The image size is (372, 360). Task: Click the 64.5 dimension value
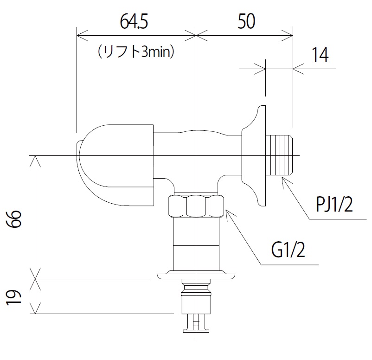135,22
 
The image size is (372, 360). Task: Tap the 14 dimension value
319,55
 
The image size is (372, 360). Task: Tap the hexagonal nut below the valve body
197,206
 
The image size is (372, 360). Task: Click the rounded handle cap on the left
116,162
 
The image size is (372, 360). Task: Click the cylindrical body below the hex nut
197,244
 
